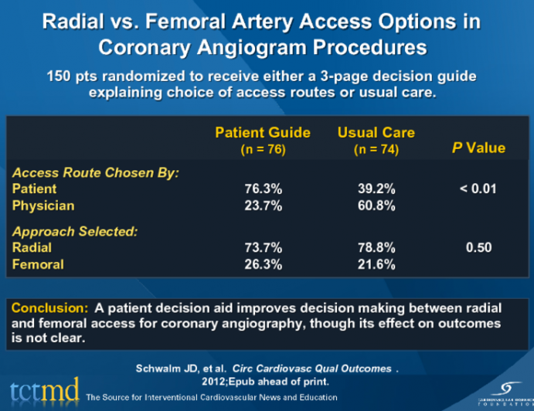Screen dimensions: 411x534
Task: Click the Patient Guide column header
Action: [263, 133]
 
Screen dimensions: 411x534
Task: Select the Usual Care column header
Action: [376, 133]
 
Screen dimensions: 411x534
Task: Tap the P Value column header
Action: [478, 148]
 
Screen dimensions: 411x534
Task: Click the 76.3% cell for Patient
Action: [263, 189]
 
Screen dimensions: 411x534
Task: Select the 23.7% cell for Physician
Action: [263, 206]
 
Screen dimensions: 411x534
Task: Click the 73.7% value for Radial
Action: [263, 248]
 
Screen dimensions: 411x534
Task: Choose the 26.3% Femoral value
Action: [263, 264]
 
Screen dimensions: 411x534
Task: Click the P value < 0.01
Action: [478, 189]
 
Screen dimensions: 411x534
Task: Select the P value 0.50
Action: [478, 248]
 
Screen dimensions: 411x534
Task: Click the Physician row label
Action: [43, 206]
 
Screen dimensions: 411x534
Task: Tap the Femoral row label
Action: [38, 264]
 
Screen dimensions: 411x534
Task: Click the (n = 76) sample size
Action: [263, 150]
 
